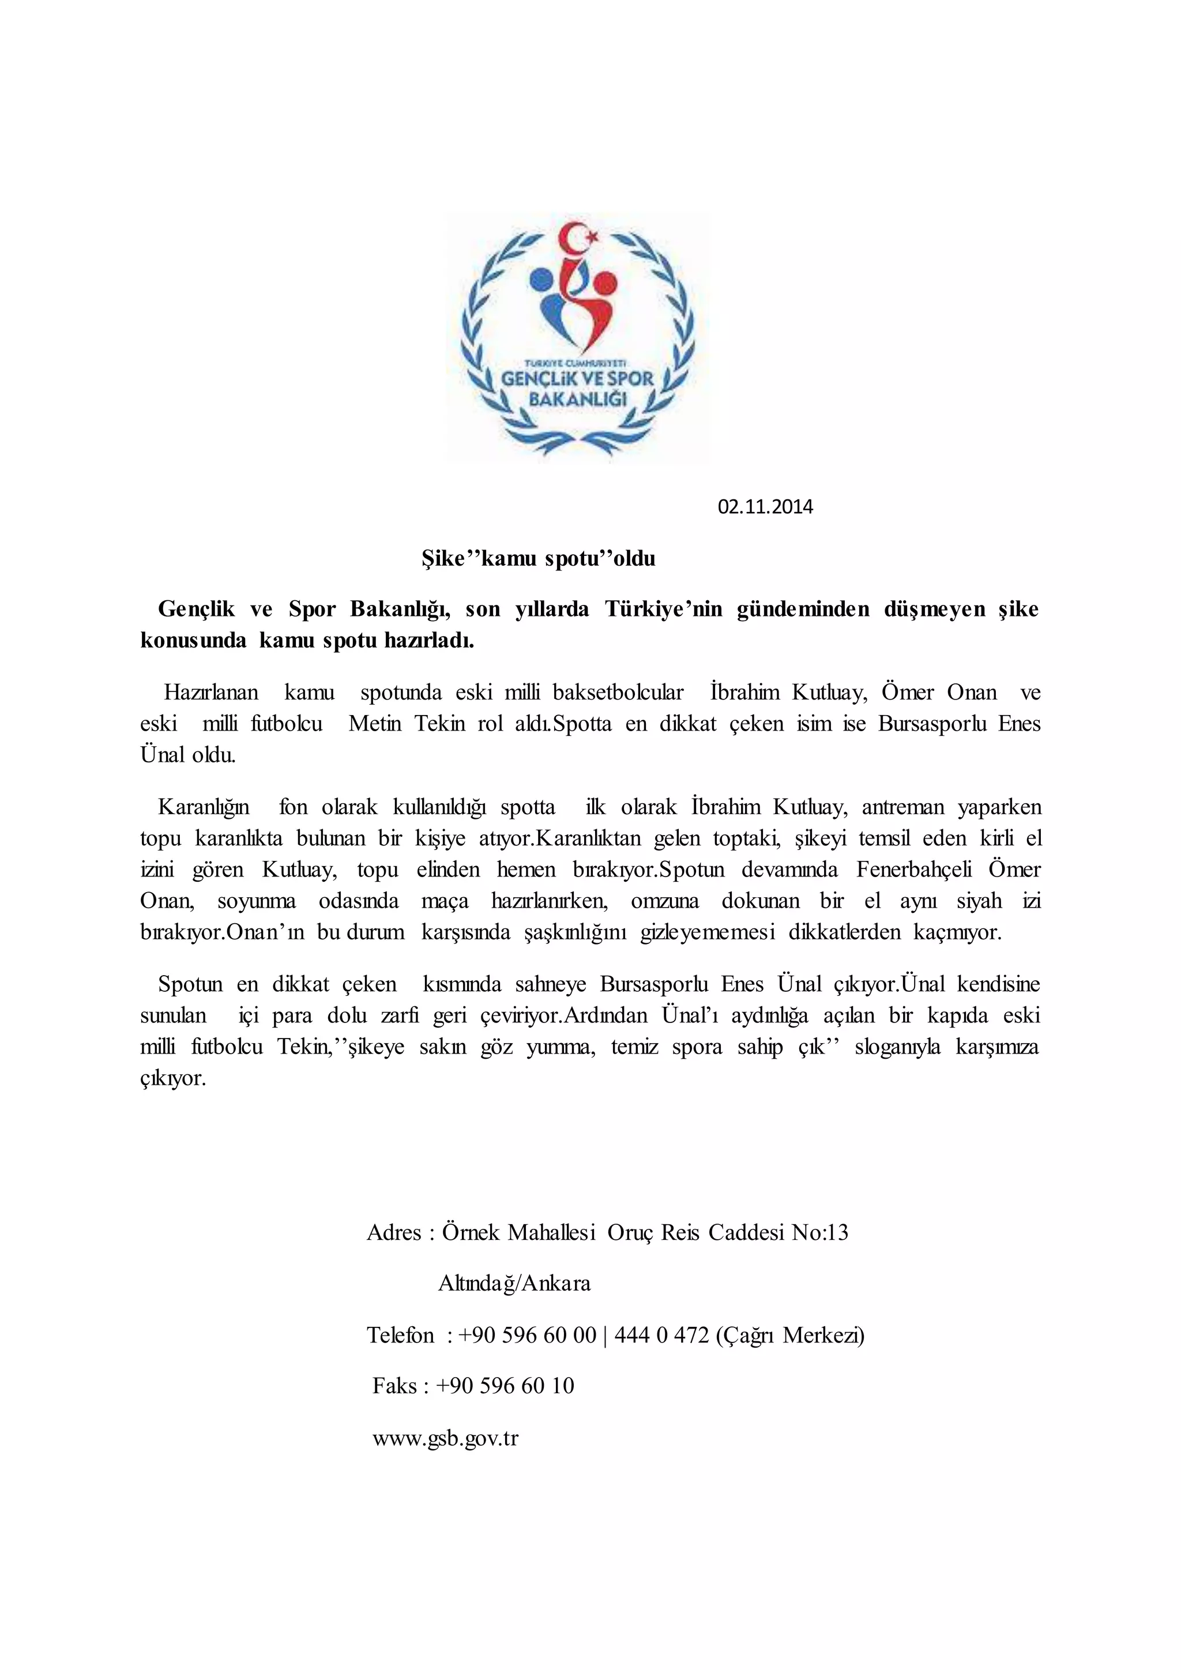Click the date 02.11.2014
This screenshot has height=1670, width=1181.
[765, 507]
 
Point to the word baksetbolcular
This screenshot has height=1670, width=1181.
[618, 692]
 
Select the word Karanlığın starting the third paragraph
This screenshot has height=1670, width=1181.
[204, 807]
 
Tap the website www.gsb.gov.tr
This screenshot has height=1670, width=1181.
[445, 1439]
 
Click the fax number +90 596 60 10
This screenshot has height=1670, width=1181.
[505, 1386]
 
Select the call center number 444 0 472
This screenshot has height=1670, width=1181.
[661, 1336]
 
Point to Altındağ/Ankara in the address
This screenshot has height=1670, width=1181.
[514, 1283]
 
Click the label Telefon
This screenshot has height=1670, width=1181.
[400, 1336]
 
